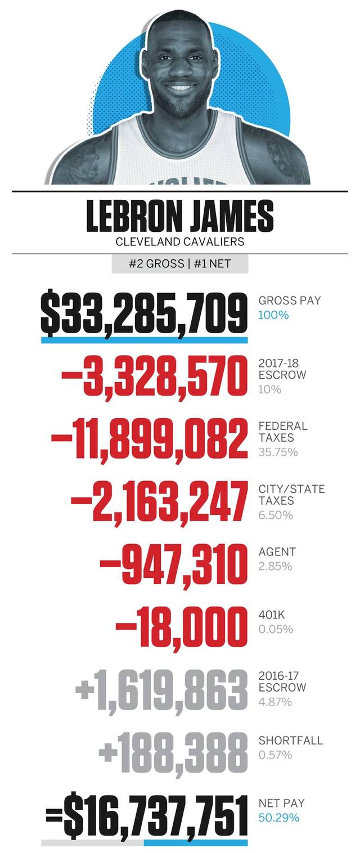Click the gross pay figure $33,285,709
[144, 313]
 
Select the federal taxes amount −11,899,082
[148, 439]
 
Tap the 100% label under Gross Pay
[273, 315]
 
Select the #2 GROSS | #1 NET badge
[179, 264]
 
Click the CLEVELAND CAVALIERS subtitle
[179, 243]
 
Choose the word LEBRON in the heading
[133, 217]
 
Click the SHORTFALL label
[290, 740]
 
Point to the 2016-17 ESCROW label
[282, 682]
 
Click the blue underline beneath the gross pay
[144, 340]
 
